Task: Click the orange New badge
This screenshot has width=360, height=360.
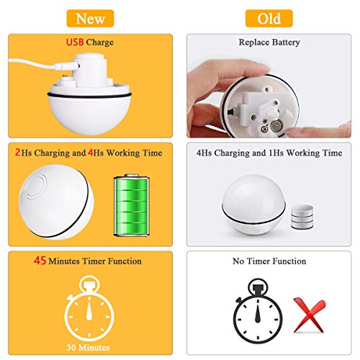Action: (x=90, y=19)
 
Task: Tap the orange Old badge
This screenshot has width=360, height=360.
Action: (x=269, y=19)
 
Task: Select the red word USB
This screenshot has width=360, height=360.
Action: (x=75, y=42)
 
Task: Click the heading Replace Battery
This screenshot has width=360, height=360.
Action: (x=269, y=42)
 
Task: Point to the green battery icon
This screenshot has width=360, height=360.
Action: (x=132, y=205)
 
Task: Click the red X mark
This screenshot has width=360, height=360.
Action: (x=310, y=315)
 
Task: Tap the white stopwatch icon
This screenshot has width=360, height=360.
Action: (x=89, y=309)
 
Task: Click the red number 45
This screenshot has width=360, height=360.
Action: (x=40, y=261)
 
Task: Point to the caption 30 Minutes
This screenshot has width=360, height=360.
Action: (x=88, y=348)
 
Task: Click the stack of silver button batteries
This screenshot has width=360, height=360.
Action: (x=302, y=217)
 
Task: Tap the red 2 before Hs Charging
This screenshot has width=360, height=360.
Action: (x=17, y=152)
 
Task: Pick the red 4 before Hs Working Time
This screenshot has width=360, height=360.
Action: (x=91, y=152)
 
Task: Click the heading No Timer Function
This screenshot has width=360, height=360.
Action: (x=269, y=261)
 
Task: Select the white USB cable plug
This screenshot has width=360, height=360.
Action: (x=66, y=66)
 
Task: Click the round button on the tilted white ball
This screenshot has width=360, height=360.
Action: (x=36, y=186)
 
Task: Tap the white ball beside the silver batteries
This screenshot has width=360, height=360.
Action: (x=254, y=204)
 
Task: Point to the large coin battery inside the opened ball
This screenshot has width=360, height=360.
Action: (x=276, y=125)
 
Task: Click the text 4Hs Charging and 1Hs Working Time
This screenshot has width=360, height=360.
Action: (x=269, y=153)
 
